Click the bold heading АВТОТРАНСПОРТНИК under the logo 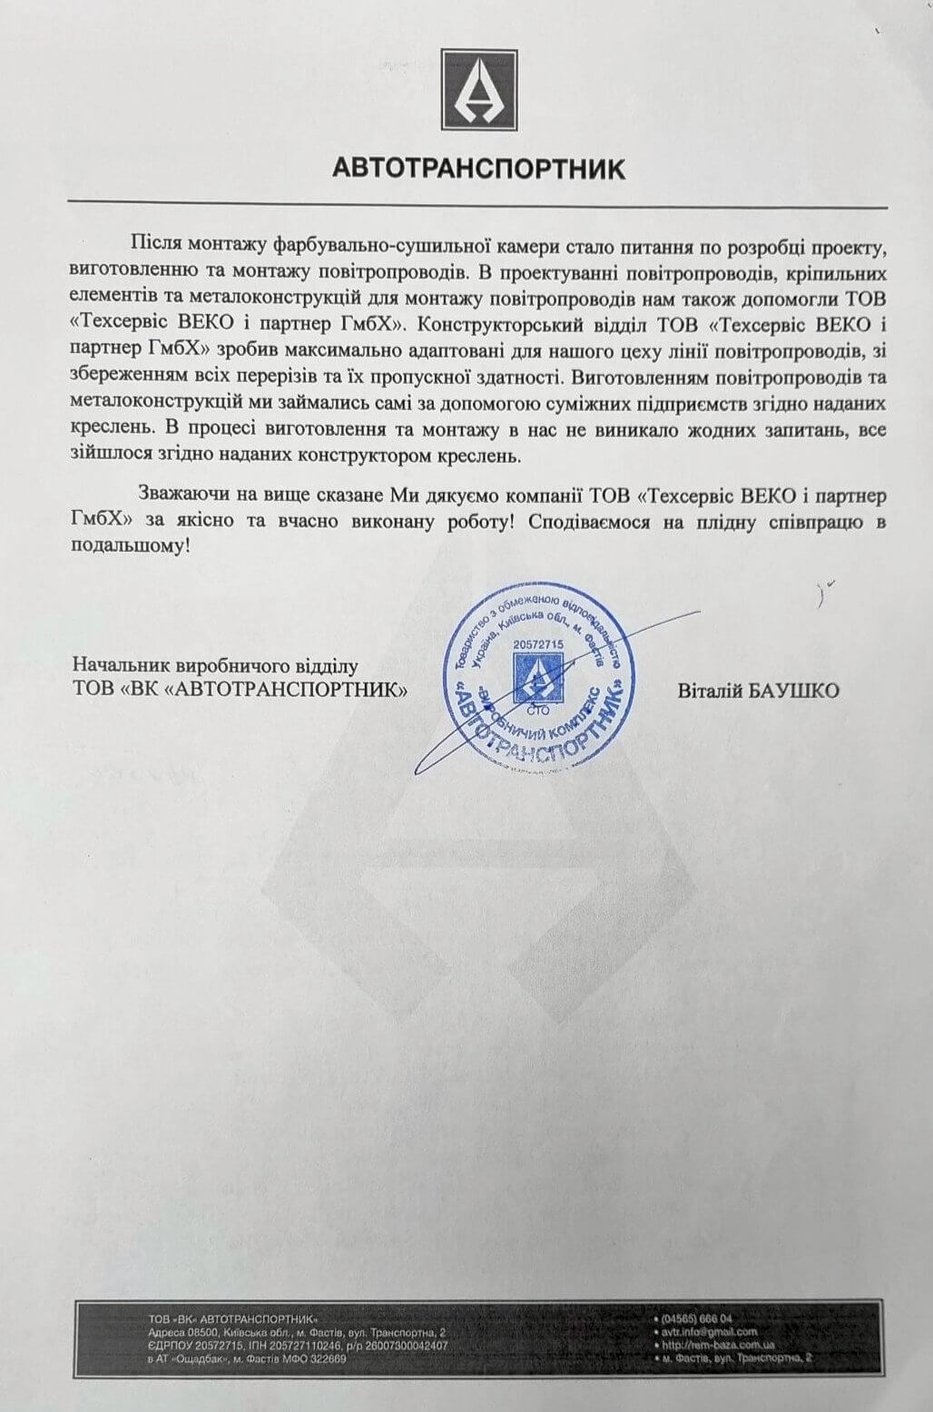click(478, 169)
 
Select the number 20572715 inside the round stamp click(538, 643)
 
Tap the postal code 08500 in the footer click(194, 1332)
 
